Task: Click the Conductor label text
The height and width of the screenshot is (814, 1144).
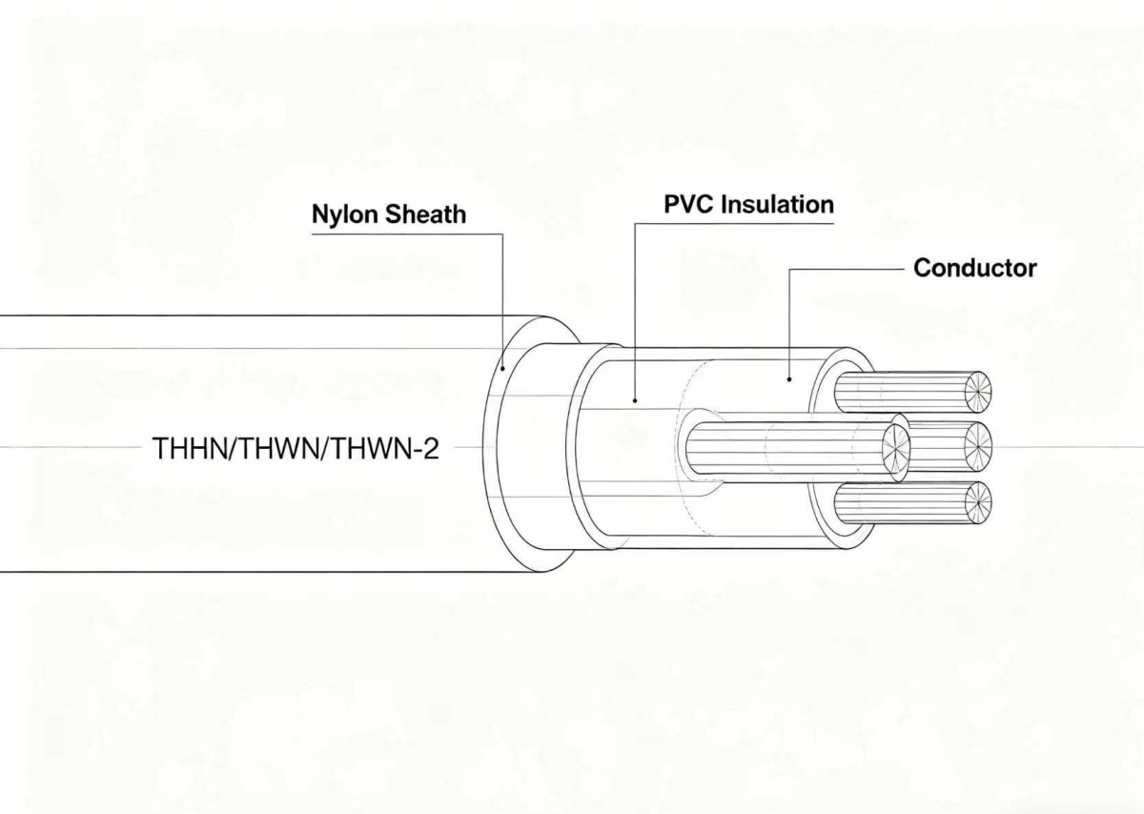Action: click(x=974, y=268)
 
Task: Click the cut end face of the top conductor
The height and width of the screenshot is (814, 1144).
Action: click(x=977, y=391)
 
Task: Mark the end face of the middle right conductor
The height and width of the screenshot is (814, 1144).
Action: click(x=979, y=445)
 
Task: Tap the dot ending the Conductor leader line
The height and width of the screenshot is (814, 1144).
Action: click(x=789, y=379)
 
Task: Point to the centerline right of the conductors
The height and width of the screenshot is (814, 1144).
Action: click(x=1068, y=446)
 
